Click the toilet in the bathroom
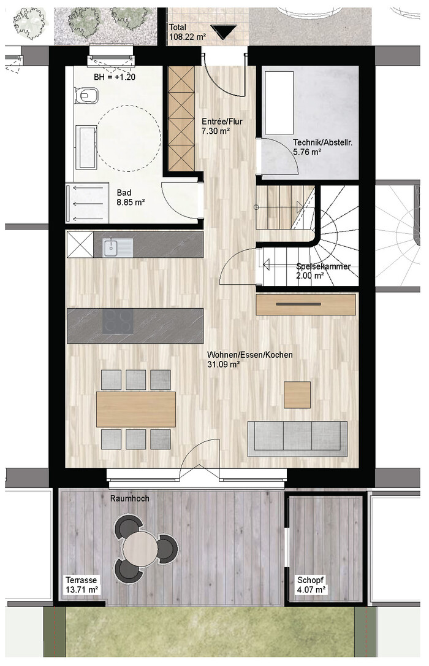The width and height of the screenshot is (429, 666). click(x=87, y=95)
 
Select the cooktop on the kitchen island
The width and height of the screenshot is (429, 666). click(x=118, y=322)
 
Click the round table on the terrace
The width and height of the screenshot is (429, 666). click(x=140, y=548)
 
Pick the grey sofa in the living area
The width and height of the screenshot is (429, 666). click(x=297, y=439)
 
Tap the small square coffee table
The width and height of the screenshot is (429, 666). click(x=297, y=395)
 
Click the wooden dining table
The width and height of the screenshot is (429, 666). click(x=136, y=409)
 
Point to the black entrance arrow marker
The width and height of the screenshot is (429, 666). click(x=224, y=32)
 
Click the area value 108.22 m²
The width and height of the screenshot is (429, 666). click(x=188, y=37)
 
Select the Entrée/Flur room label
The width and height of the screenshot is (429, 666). click(x=222, y=122)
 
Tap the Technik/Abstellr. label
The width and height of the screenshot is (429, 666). click(x=322, y=142)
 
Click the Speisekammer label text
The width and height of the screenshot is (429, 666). click(x=324, y=266)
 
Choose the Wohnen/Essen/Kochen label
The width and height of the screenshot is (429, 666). click(x=249, y=355)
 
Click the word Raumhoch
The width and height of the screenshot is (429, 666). click(x=130, y=498)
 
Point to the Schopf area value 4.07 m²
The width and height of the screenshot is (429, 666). click(x=311, y=589)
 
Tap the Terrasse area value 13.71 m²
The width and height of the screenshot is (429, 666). click(x=82, y=589)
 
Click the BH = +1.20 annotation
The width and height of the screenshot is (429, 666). click(x=115, y=77)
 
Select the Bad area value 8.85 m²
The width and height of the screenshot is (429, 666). click(x=131, y=202)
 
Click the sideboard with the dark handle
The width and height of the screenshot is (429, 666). click(x=306, y=304)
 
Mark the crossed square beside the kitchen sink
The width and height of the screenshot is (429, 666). click(x=80, y=245)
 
